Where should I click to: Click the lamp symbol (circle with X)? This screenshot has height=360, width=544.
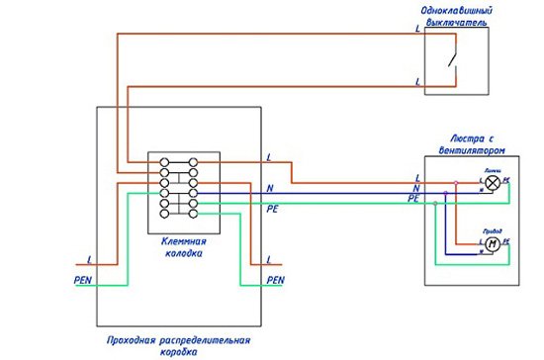(x=492, y=182)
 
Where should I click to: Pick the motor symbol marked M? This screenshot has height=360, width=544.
(x=491, y=242)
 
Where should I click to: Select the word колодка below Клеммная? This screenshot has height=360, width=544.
(x=183, y=252)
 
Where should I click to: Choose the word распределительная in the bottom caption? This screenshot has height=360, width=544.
(x=202, y=340)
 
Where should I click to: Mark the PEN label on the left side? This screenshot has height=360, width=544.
(x=83, y=280)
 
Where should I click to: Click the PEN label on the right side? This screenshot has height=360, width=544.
(x=276, y=280)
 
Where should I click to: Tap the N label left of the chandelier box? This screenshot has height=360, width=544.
(x=415, y=188)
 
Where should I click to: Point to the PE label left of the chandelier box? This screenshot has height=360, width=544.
(x=413, y=199)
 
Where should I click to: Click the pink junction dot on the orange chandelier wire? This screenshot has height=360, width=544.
(x=456, y=182)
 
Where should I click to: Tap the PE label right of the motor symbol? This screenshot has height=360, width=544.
(x=505, y=241)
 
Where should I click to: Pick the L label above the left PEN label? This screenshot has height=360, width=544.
(x=90, y=259)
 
